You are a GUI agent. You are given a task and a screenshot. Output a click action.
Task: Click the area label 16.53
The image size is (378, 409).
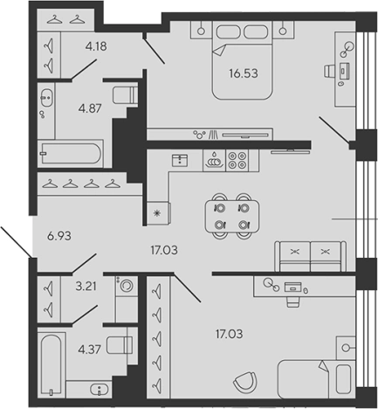coord(244,73)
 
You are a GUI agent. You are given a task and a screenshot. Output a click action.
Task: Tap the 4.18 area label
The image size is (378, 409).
coord(96,46)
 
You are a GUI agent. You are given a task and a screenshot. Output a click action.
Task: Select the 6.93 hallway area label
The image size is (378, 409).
coord(59,236)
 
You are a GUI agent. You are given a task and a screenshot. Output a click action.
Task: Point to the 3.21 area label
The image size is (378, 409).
coord(86,286)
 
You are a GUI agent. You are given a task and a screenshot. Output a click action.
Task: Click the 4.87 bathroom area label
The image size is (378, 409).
coord(90,108)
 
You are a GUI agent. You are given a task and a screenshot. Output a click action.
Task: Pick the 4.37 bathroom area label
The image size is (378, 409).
coord(89,349)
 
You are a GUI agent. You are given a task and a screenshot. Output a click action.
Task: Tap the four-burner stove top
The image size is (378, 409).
coord(237,161)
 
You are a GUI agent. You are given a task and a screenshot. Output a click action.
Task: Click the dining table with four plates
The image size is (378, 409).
coord(232,216)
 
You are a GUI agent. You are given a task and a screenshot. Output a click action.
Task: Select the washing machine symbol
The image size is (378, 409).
coord(127,286)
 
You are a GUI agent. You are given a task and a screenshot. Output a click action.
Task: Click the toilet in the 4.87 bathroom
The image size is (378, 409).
coord(126,94)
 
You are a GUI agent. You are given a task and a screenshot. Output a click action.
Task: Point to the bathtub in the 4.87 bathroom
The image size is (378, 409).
coord(71,154)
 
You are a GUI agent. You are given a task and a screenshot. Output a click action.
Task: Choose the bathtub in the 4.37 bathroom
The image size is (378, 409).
coord(52,364)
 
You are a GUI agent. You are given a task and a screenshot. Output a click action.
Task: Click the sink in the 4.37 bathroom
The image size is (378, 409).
coord(100,389)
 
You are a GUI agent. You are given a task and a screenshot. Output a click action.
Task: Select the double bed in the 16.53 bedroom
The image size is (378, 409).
coord(242,60)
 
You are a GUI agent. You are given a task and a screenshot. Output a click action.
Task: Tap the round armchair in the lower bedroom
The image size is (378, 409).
coord(245,382)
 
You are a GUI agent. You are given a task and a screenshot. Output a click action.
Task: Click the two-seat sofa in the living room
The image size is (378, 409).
coord(311,256)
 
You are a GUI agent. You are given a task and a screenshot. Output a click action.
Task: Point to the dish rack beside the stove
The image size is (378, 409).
coord(215,161)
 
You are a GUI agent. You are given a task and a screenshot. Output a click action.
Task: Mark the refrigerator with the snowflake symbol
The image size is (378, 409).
coord(158,213)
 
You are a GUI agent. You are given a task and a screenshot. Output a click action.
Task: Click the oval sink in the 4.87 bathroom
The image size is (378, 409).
coord(46,97)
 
